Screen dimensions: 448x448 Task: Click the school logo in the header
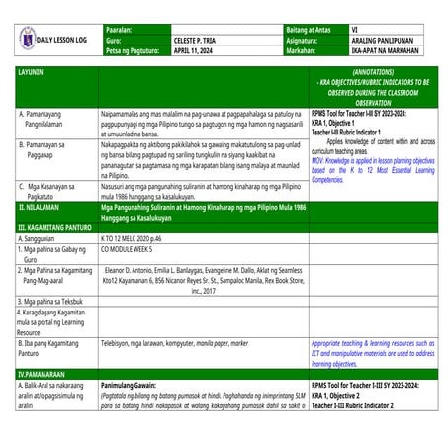pos(22,38)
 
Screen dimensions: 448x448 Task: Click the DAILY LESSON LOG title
pos(65,39)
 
